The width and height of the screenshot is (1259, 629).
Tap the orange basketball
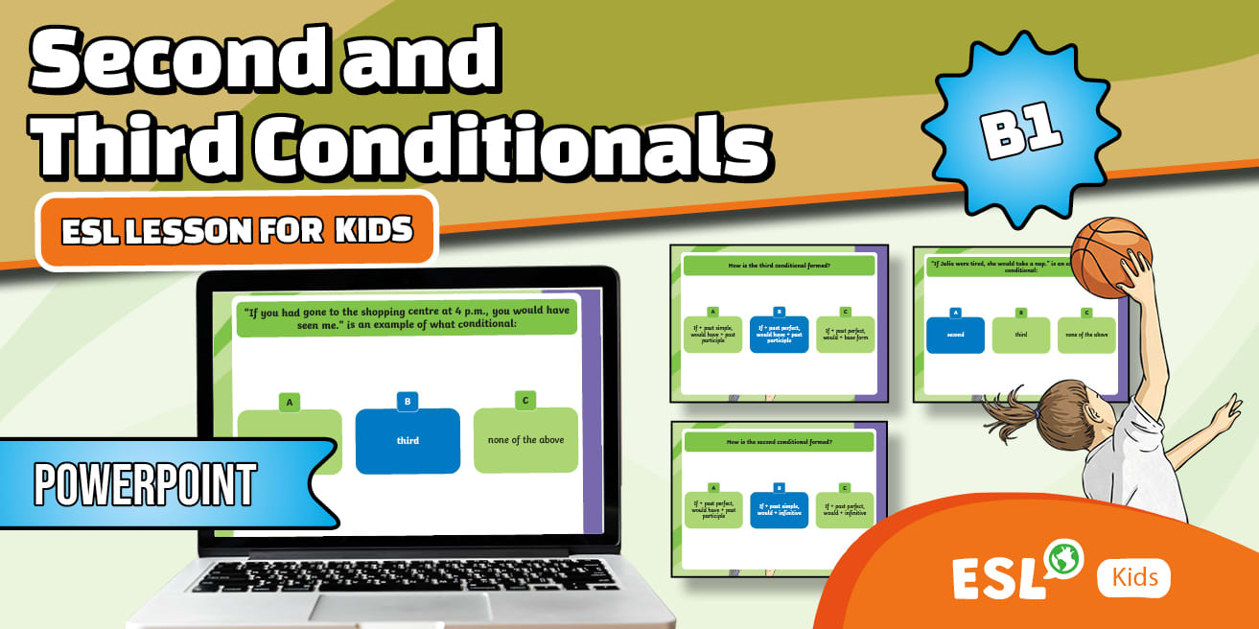point(1109,256)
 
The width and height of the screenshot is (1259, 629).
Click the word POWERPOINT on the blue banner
point(145,484)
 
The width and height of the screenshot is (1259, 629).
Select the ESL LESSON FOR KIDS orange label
point(237,230)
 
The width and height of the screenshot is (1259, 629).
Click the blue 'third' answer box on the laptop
point(408,440)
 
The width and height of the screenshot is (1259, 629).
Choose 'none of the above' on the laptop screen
point(525,439)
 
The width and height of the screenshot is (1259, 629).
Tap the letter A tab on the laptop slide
point(290,403)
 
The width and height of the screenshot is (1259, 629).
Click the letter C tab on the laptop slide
point(525,400)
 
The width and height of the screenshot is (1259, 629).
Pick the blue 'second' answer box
point(955,335)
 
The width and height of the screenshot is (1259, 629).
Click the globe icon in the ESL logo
point(1063,558)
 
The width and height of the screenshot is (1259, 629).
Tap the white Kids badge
point(1134,577)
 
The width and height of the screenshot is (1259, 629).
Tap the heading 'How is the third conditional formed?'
point(778,264)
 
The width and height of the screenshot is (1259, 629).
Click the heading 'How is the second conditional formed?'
point(778,442)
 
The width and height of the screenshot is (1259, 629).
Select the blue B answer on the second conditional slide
point(779,509)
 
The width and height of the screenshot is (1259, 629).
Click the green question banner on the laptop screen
point(407,317)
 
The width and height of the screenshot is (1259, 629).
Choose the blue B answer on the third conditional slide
point(779,335)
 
